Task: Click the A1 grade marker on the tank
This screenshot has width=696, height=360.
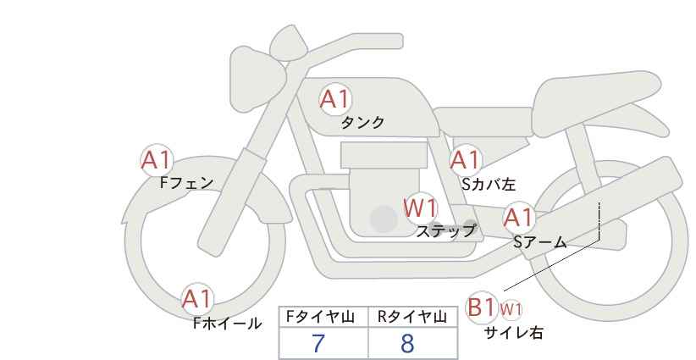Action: pyautogui.click(x=335, y=99)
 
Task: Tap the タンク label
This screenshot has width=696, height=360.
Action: pyautogui.click(x=362, y=123)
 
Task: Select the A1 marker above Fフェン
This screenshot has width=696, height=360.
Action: pyautogui.click(x=157, y=160)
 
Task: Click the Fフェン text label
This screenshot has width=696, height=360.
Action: pyautogui.click(x=186, y=182)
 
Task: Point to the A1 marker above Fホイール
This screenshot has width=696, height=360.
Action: pyautogui.click(x=197, y=299)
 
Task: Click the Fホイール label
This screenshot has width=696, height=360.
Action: pyautogui.click(x=227, y=324)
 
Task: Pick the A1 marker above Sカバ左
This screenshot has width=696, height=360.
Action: pyautogui.click(x=465, y=160)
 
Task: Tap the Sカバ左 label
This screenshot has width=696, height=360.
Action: pyautogui.click(x=489, y=184)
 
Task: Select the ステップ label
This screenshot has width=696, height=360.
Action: pyautogui.click(x=445, y=231)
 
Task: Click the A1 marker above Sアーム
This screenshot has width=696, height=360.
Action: pyautogui.click(x=518, y=218)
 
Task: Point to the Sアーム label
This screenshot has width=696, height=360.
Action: pyautogui.click(x=540, y=242)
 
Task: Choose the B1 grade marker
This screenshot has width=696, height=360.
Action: pyautogui.click(x=481, y=307)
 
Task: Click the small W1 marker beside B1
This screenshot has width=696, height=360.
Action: pyautogui.click(x=511, y=309)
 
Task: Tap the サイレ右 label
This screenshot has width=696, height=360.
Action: pyautogui.click(x=514, y=333)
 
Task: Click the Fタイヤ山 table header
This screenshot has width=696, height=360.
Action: pyautogui.click(x=320, y=317)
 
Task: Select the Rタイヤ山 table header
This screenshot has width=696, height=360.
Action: pyautogui.click(x=412, y=317)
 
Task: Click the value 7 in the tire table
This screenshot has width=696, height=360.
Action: pyautogui.click(x=318, y=344)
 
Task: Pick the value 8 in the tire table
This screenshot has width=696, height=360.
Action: pyautogui.click(x=407, y=344)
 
